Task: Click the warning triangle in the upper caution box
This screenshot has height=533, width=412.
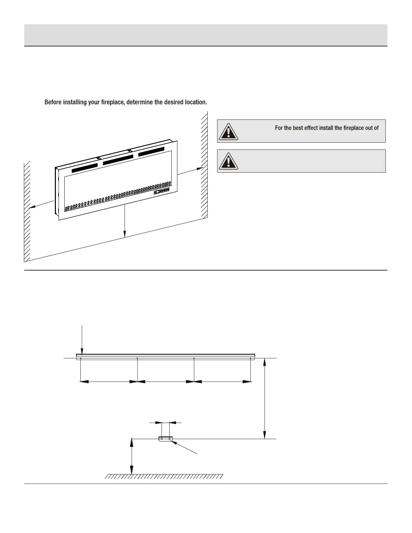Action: [x=229, y=132]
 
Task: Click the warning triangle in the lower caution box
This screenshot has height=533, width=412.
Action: [x=229, y=161]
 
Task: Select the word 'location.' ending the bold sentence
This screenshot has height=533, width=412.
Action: [x=196, y=102]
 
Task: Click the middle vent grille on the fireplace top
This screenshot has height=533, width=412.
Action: [x=118, y=160]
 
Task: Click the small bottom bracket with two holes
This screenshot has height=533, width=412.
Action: [x=165, y=439]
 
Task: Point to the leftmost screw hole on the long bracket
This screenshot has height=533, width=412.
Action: [x=81, y=358]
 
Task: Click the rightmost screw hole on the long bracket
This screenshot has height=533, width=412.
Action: [x=251, y=358]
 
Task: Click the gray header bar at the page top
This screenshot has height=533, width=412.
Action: [x=206, y=35]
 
